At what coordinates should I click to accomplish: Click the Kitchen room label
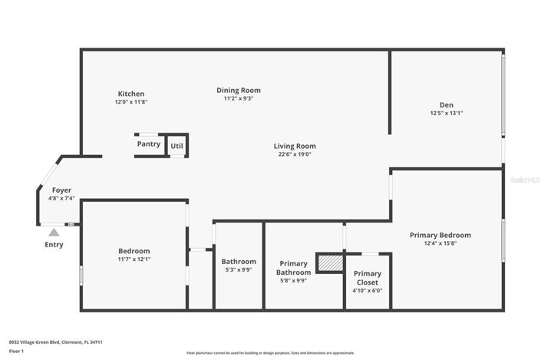[130, 94]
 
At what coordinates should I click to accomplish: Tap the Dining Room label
[239, 90]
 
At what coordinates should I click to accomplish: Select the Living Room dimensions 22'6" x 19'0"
[295, 154]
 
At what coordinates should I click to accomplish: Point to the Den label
[446, 105]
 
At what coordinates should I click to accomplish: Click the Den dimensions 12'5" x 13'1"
[446, 113]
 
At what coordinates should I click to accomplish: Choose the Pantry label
[149, 144]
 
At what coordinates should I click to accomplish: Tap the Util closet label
[176, 144]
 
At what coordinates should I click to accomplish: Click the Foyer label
[61, 190]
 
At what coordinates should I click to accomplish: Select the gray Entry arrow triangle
[54, 232]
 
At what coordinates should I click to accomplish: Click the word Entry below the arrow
[54, 245]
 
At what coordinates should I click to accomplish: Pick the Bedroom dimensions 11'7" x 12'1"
[134, 259]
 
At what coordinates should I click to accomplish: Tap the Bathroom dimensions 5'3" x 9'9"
[238, 269]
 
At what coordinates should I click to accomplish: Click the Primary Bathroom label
[294, 268]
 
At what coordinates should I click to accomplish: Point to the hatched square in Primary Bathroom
[330, 263]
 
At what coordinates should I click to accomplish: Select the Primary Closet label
[367, 277]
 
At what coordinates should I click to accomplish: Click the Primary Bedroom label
[440, 235]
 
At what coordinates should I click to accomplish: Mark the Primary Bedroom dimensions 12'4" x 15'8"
[440, 243]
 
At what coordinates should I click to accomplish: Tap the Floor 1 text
[16, 351]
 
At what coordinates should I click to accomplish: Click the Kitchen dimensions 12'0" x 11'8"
[130, 101]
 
